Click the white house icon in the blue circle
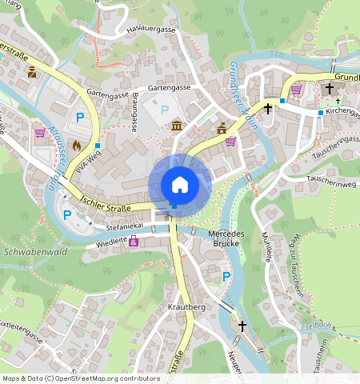[180, 185]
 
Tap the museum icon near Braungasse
[176, 126]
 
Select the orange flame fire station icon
[77, 146]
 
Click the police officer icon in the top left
[32, 73]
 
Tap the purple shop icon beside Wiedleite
[134, 241]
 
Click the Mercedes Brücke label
[226, 238]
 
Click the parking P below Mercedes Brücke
[226, 276]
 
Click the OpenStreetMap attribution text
[81, 378]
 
